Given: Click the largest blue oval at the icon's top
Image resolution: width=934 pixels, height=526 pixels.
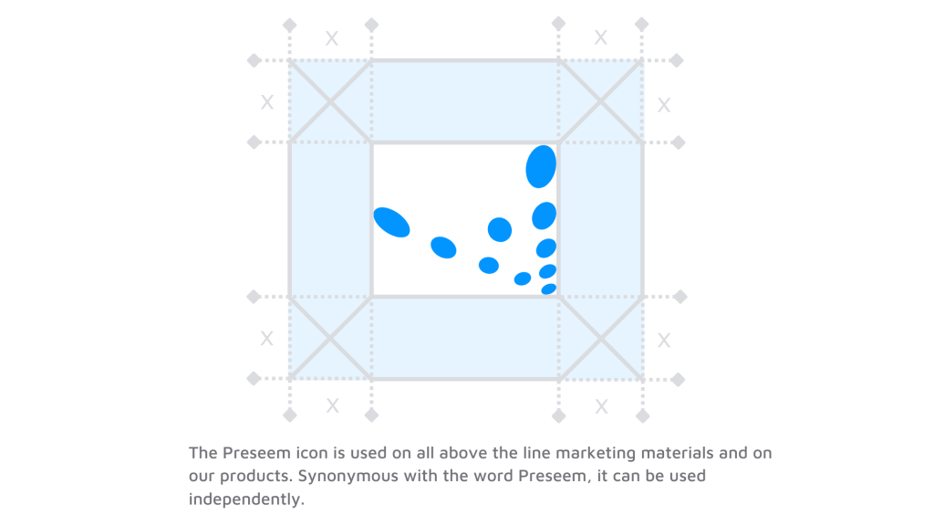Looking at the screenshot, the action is [541, 166].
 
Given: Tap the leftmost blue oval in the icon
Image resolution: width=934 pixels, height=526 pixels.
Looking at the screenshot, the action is [392, 222].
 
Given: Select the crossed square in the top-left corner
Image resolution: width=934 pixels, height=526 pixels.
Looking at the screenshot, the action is [330, 101].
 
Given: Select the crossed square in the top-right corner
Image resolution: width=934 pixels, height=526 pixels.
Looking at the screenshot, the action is [601, 101].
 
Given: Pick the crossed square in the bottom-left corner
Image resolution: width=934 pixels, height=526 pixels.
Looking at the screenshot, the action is [330, 337].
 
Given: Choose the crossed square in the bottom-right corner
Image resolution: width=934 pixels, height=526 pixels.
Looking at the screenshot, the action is [601, 337].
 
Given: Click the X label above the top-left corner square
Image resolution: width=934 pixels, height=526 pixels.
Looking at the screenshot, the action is [332, 38].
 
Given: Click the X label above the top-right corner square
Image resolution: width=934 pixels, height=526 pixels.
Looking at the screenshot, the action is [601, 37].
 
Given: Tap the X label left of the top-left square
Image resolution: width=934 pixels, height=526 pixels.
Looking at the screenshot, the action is [267, 102].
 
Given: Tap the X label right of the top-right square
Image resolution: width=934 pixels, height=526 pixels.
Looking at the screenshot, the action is [664, 105].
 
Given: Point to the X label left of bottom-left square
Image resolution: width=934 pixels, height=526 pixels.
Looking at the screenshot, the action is [267, 339].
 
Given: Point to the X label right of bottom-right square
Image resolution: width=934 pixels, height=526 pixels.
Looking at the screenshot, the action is [664, 341].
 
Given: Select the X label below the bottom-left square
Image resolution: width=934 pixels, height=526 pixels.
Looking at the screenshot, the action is [333, 405].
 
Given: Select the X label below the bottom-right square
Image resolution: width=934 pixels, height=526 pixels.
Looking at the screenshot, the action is [601, 406].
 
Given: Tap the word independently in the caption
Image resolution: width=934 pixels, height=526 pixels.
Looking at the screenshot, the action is [245, 500].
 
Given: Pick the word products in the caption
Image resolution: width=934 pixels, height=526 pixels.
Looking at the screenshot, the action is [260, 477].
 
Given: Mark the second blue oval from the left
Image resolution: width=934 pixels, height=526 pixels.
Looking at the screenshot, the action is [443, 247].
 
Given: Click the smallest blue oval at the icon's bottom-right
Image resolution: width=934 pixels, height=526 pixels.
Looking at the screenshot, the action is [548, 289].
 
